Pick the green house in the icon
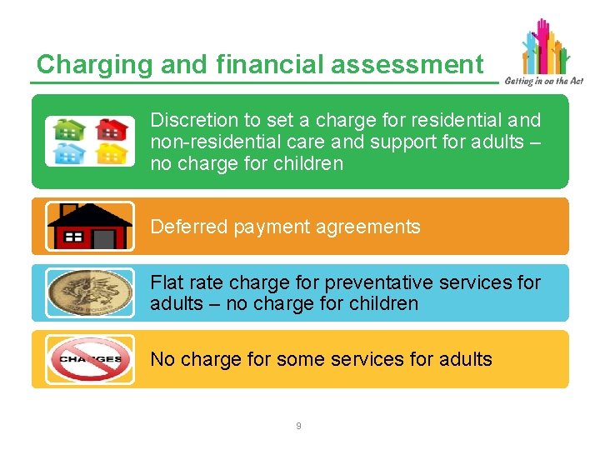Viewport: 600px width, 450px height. coord(69,129)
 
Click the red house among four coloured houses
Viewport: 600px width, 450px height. coord(111,129)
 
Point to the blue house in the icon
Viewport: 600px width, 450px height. coord(69,152)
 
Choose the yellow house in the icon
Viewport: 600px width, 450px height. coord(111,152)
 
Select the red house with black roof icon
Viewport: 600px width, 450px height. coord(89,226)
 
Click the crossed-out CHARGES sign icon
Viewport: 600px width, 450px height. coord(89,359)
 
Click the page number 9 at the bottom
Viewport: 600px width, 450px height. coord(299,426)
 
